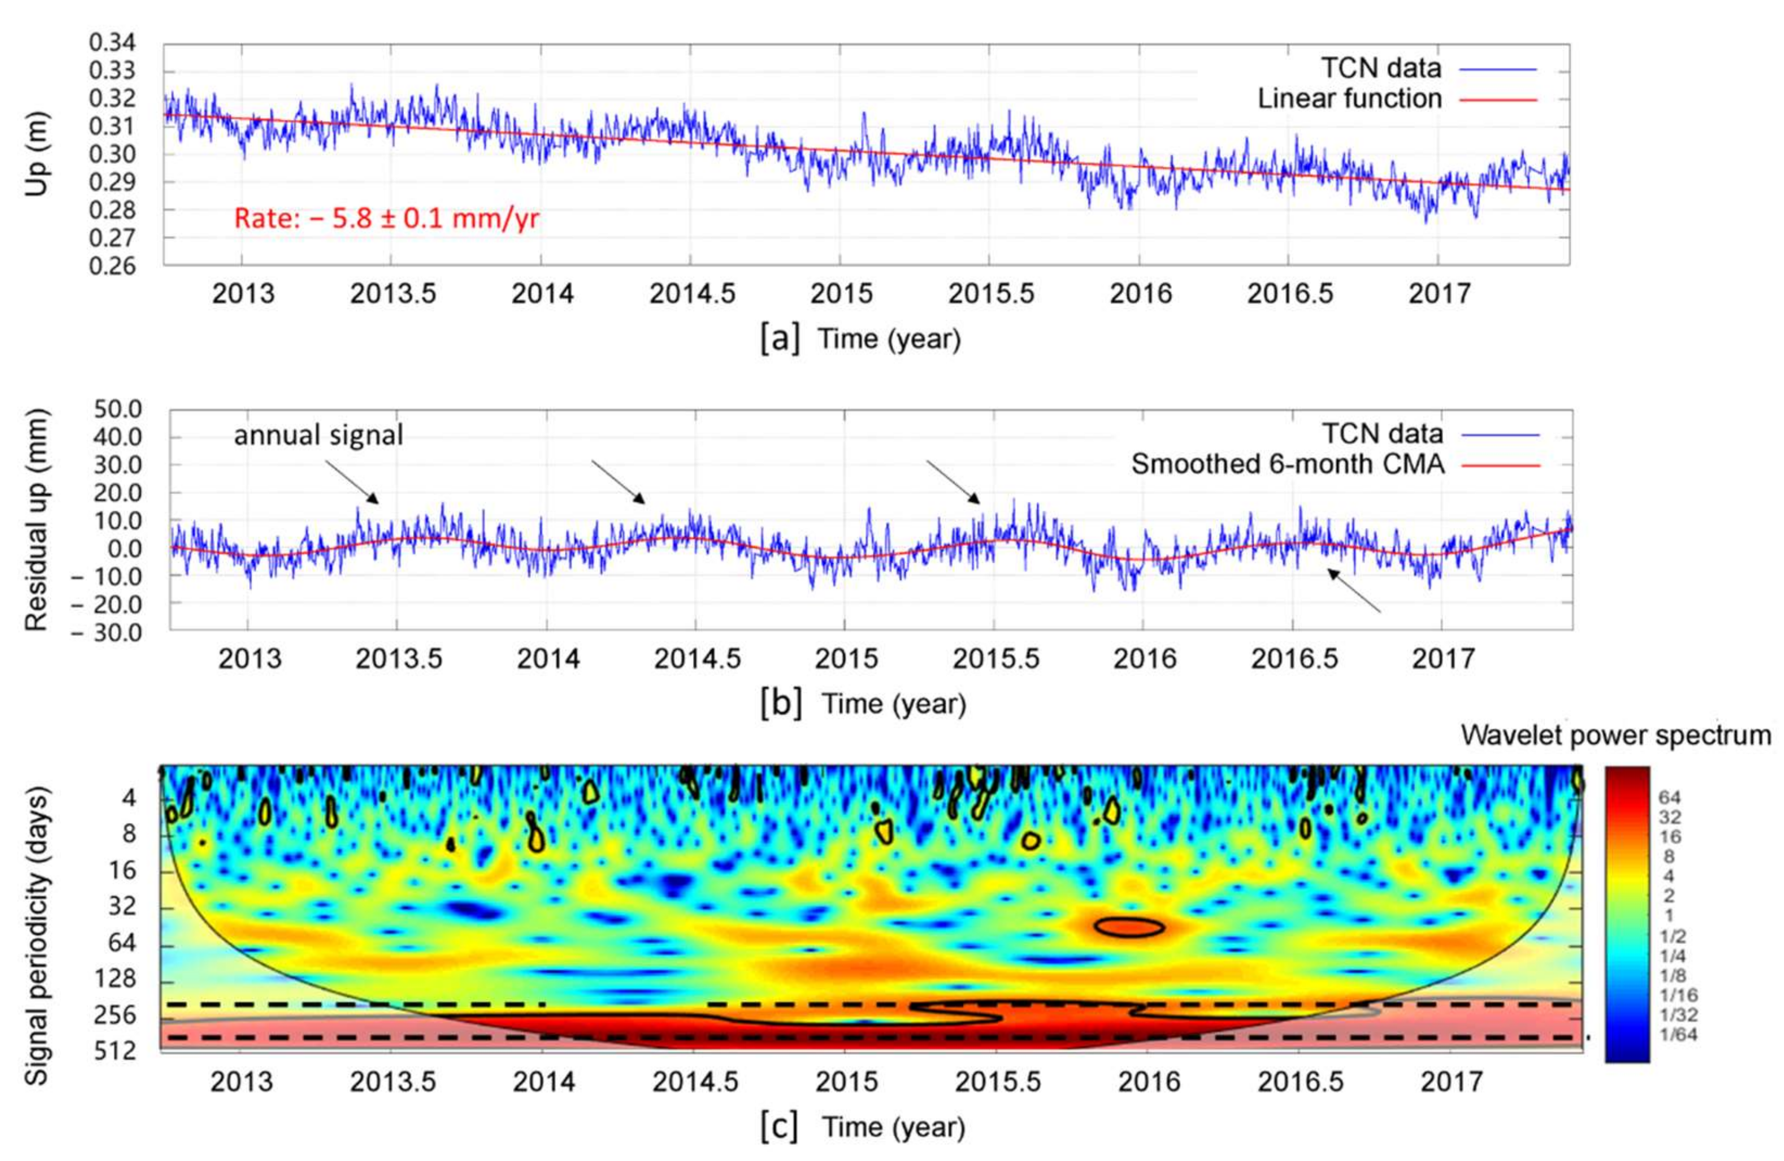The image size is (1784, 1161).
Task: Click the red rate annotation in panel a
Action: [x=386, y=219]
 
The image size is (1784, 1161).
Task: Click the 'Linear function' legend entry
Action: [x=1348, y=99]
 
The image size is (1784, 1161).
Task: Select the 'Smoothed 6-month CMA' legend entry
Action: [x=1287, y=465]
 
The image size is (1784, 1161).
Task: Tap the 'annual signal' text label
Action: [x=318, y=435]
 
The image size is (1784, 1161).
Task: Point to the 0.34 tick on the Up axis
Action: [x=113, y=43]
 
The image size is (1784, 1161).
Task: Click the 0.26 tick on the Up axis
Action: [x=113, y=266]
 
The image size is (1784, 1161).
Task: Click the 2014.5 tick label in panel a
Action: [x=692, y=294]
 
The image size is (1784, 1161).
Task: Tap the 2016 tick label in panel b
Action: [x=1144, y=659]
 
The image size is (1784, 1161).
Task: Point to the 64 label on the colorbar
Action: [x=1669, y=797]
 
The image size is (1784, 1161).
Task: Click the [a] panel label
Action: [x=779, y=339]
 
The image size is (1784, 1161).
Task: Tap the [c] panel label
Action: [x=779, y=1128]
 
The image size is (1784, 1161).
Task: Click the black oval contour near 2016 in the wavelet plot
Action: [x=1129, y=927]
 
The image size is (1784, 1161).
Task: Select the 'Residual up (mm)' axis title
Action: [x=35, y=519]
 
